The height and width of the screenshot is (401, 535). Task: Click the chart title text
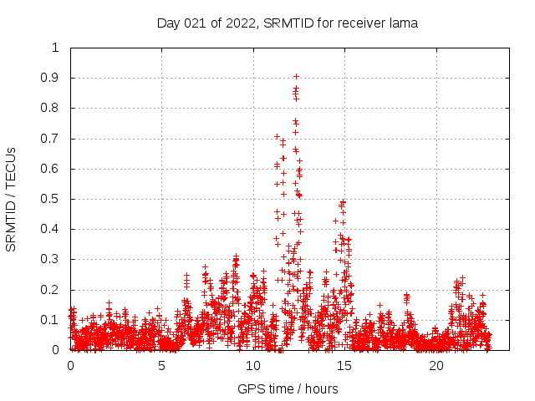tap(288, 23)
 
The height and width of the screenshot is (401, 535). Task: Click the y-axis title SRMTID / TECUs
tap(12, 199)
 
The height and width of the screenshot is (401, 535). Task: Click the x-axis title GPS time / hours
tap(288, 388)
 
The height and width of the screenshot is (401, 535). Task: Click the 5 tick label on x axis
tap(162, 366)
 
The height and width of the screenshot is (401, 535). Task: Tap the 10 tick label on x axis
tap(253, 366)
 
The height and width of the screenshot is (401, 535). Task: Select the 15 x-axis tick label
tap(345, 366)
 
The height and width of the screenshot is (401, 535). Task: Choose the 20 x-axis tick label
tap(436, 366)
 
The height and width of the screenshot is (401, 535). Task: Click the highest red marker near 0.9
tap(296, 76)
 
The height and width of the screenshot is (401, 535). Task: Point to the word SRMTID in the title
tap(284, 23)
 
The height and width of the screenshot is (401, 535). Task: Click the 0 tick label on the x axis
tap(71, 366)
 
